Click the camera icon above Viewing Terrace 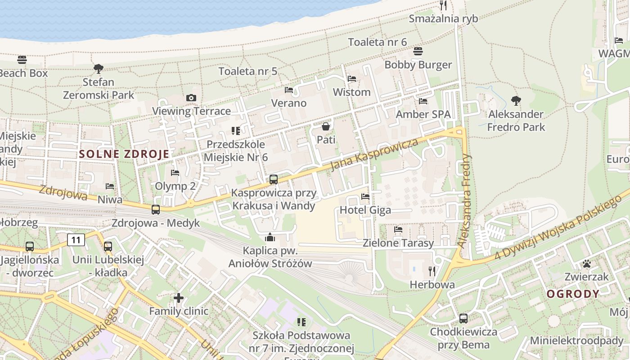coord(191,98)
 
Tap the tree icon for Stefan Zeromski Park coord(98,69)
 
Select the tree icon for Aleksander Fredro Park coord(516,101)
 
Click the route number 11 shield coord(76,240)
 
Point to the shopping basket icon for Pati coord(326,127)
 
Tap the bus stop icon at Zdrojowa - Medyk coord(156,210)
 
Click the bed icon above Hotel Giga coord(365,197)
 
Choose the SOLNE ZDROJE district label coord(124,154)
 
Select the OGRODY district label coord(573,294)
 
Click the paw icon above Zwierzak coord(586,264)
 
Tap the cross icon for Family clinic coord(179,298)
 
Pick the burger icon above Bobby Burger coord(418,51)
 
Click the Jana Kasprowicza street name coord(374,155)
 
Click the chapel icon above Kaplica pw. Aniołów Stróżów coord(270,237)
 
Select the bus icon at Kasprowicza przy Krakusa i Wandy coord(273,180)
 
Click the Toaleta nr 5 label coord(248,71)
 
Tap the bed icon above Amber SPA coord(423,101)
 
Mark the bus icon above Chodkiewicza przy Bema coord(463,319)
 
